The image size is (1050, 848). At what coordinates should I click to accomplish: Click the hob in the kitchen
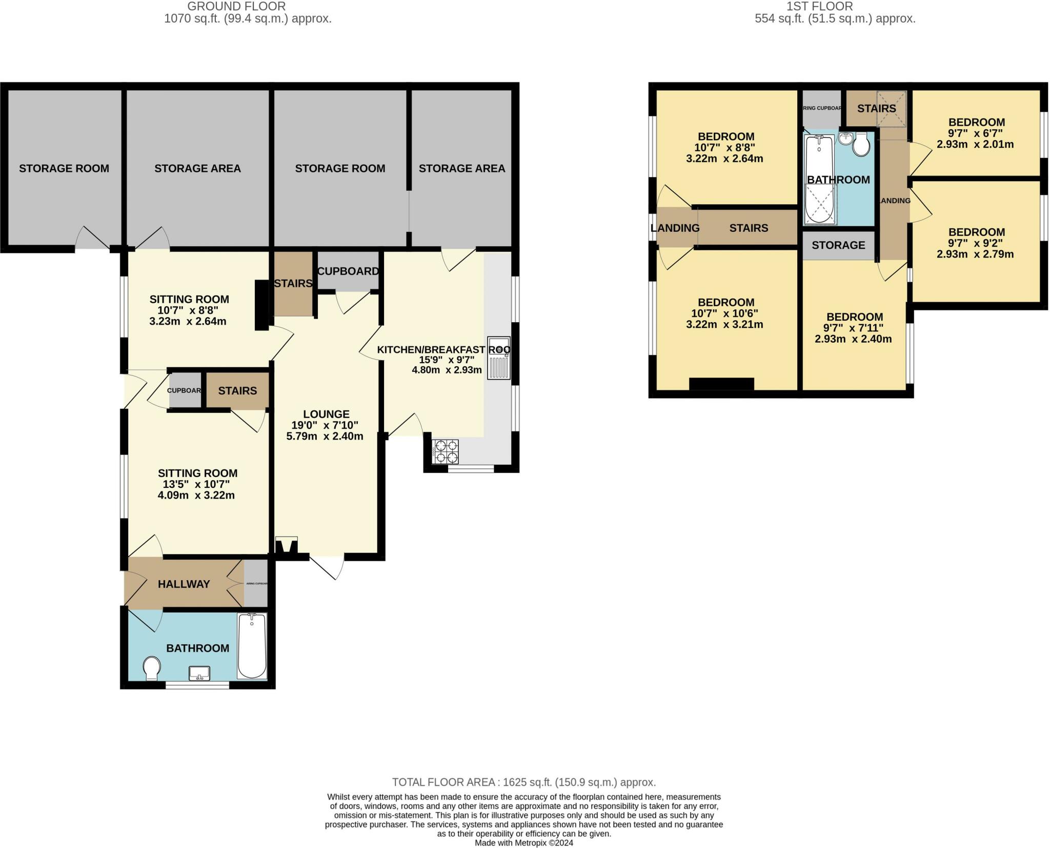(x=446, y=451)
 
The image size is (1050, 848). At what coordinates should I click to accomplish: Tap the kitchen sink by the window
(x=498, y=358)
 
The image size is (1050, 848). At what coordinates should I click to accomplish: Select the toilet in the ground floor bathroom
(x=152, y=668)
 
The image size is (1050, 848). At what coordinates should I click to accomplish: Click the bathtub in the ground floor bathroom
(x=252, y=646)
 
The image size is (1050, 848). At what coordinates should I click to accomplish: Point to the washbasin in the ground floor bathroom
(x=199, y=673)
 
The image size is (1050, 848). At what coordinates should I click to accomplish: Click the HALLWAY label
(x=184, y=584)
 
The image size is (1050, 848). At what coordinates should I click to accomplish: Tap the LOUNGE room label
(x=326, y=414)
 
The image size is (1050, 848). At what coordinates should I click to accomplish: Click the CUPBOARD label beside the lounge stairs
(x=348, y=271)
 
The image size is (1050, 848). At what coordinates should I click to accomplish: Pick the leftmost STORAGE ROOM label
(x=64, y=168)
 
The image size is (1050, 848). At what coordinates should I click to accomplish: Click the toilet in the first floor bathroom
(x=861, y=144)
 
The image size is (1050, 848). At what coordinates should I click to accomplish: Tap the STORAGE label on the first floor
(x=838, y=245)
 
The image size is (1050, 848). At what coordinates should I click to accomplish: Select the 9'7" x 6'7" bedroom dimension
(x=976, y=133)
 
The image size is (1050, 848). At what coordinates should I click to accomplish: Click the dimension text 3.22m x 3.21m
(x=725, y=325)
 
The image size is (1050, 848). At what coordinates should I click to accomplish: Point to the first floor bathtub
(x=820, y=180)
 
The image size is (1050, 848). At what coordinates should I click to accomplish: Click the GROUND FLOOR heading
(x=236, y=6)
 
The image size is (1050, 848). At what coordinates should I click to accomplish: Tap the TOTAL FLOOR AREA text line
(x=524, y=782)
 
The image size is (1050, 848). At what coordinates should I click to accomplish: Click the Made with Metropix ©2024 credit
(x=524, y=843)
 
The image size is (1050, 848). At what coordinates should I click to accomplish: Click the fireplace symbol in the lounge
(x=286, y=544)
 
